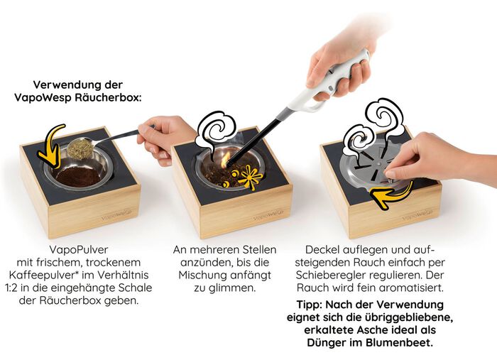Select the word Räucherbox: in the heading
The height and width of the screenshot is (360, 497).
point(111,97)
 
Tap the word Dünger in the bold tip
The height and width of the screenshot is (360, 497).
point(324,343)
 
